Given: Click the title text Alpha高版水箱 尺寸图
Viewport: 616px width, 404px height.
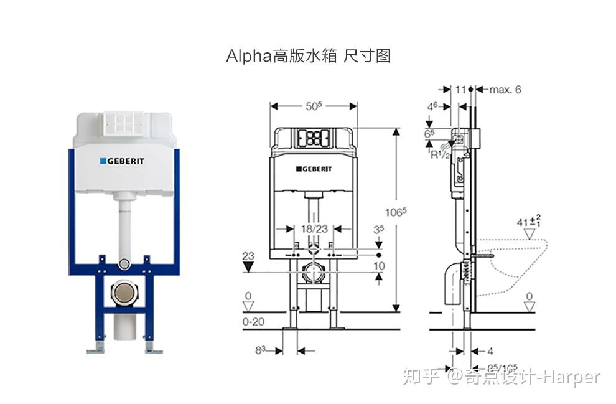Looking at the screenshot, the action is tap(308, 56).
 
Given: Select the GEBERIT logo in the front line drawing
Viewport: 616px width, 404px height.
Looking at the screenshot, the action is tap(314, 169).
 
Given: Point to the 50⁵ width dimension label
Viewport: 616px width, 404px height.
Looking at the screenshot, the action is tap(314, 106).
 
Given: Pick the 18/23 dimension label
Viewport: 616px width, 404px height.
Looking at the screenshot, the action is tap(315, 228).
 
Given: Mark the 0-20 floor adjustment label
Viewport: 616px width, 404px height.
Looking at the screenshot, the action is tap(253, 321).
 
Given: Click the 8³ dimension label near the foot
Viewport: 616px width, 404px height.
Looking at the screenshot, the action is tap(261, 350).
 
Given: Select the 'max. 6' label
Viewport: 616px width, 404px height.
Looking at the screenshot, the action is tap(505, 90).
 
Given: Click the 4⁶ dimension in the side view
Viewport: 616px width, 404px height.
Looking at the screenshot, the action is tap(432, 107).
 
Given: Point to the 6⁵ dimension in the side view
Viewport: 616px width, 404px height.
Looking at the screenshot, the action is tap(429, 133).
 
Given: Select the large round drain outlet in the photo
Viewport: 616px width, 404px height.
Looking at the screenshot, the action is tap(123, 293).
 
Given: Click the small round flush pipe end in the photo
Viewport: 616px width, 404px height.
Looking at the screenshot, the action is tap(124, 265).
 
